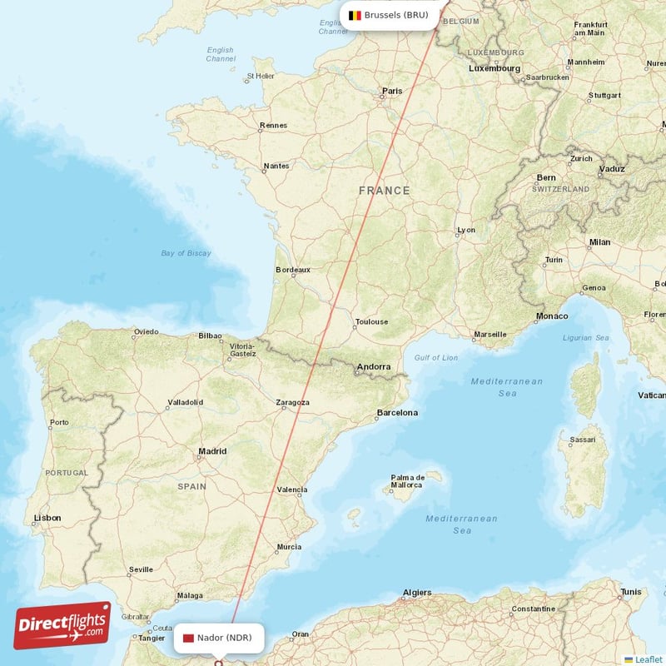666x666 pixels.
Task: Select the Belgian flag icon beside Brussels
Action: point(355,15)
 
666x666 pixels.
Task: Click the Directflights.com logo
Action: point(62,625)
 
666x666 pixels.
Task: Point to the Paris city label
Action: point(391,91)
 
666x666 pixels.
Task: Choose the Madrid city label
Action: point(211,451)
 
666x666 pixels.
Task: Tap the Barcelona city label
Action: point(397,412)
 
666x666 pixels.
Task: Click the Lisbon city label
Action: point(47,518)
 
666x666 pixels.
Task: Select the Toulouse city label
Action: point(371,321)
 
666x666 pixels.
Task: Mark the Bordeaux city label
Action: point(293,270)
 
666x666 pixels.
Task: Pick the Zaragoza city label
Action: point(292,403)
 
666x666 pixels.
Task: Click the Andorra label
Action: point(373,366)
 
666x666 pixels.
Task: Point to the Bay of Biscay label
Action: point(186,253)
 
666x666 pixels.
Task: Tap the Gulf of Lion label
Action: point(436,358)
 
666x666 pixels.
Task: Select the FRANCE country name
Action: point(384,191)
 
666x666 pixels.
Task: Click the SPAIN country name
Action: point(191,485)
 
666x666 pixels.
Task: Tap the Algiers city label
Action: point(417,592)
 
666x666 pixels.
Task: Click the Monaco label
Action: point(552,316)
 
